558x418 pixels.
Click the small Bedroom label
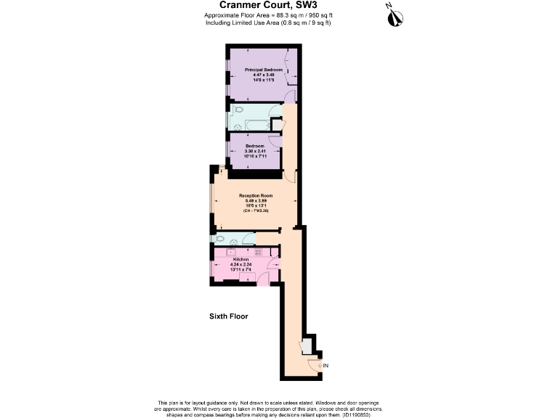click(254, 146)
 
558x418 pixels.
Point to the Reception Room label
click(256, 195)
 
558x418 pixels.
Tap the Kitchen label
click(241, 259)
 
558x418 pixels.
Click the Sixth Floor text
click(229, 316)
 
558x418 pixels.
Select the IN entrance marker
click(324, 366)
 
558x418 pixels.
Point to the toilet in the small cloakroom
click(219, 238)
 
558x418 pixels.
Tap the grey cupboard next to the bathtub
click(277, 124)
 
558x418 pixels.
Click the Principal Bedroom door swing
click(290, 97)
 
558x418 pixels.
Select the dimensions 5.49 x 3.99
click(256, 200)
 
